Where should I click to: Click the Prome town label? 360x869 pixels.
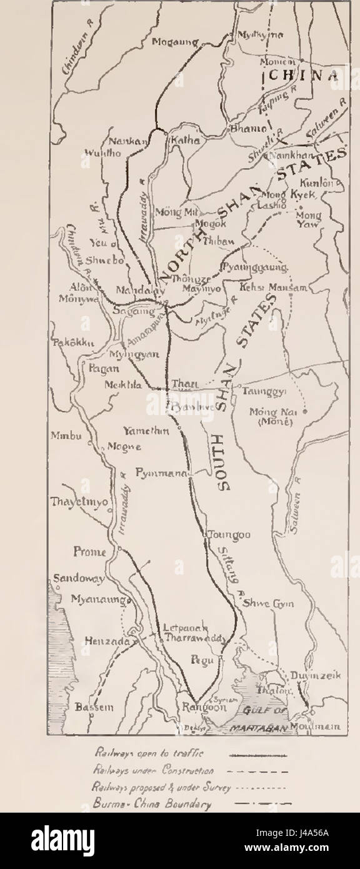click(87, 552)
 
